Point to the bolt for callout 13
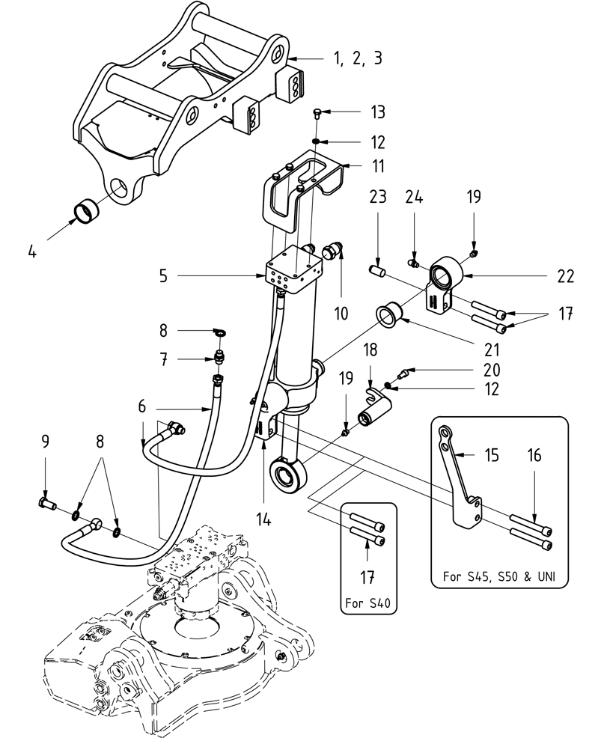coord(317,114)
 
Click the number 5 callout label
coord(162,275)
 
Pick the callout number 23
coord(377,198)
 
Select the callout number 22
coord(565,276)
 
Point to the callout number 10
coord(341,312)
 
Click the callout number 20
coord(491,370)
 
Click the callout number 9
coord(45,443)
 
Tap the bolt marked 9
coord(46,504)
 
